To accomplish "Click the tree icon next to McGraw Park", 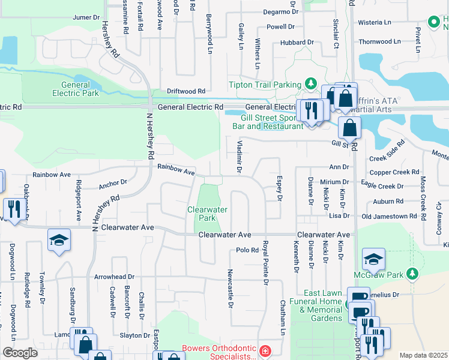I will coord(412,274).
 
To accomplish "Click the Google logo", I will coord(19,353).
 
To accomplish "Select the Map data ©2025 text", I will coord(423,355).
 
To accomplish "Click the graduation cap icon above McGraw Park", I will coord(373,259).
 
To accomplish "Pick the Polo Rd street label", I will coord(247,250).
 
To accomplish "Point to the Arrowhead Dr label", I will coord(113,277).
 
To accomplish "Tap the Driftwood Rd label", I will coord(186,91).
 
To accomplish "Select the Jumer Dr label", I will coord(86,17).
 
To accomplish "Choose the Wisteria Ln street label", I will coord(375,23).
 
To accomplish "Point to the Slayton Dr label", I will coord(134,335).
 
